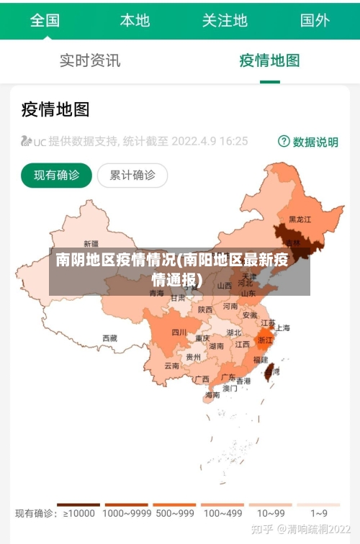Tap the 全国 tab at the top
point(45,20)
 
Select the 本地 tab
point(135,20)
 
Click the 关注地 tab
point(225,20)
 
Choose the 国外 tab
point(315,20)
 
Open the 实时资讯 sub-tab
point(90,60)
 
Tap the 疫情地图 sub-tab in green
point(269,60)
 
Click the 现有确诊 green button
point(57,175)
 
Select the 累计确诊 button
point(132,175)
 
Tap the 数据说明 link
point(308,142)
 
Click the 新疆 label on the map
point(91,243)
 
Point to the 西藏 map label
point(109,337)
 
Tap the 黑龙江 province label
point(300,219)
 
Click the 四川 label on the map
point(179,332)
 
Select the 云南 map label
point(172,366)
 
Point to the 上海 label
point(283,328)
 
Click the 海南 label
point(212,395)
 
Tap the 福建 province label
point(260,358)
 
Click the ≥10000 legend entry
point(78,513)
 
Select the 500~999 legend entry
point(174,513)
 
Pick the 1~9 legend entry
point(319,513)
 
